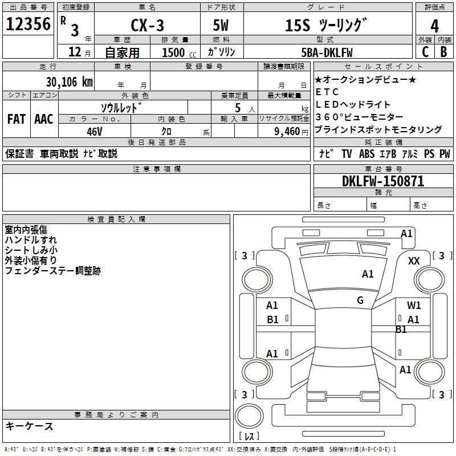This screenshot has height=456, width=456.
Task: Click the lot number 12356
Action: [28, 24]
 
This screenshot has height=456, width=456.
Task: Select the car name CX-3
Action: [147, 25]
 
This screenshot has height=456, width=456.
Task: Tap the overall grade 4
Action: [434, 26]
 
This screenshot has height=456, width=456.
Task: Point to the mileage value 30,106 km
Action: [69, 82]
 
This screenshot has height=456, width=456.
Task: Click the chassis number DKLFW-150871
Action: [383, 181]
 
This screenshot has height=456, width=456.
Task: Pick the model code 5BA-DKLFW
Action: [327, 52]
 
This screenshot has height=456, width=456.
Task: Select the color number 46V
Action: [95, 132]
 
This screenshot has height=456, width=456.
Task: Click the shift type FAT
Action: [17, 119]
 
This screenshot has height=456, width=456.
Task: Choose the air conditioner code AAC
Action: [44, 119]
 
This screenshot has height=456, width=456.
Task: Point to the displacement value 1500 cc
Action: [179, 52]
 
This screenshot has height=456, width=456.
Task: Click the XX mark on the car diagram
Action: [414, 261]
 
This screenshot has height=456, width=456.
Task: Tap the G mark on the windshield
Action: [360, 300]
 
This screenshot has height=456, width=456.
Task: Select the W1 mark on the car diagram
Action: [414, 306]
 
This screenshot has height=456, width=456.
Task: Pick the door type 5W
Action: [221, 25]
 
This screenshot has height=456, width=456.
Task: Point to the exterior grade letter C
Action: [425, 52]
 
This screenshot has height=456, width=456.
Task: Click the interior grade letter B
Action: [443, 52]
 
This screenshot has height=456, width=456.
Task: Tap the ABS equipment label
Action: [367, 153]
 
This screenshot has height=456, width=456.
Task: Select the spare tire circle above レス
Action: [249, 416]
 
